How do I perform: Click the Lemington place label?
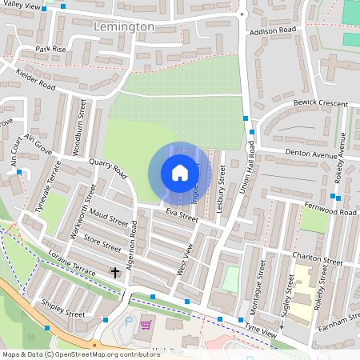[x=124, y=26]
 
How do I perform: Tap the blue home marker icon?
[x=179, y=173]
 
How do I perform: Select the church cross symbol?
[x=114, y=273]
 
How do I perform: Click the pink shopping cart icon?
[x=146, y=325]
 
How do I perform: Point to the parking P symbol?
[x=130, y=322]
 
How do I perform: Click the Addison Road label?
[x=273, y=31]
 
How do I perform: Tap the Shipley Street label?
[x=63, y=308]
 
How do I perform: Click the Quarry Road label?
[x=109, y=166]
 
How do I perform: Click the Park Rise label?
[x=50, y=49]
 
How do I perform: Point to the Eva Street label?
[x=182, y=215]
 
